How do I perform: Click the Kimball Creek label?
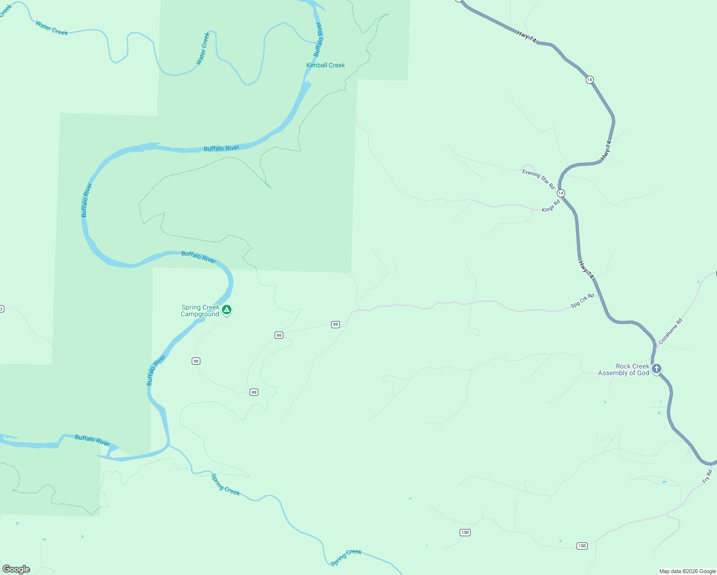point(325,65)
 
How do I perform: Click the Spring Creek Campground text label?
point(200,311)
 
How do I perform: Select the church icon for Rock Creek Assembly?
point(657,368)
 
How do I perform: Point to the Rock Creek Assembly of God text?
point(624,369)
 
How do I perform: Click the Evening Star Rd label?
point(538,179)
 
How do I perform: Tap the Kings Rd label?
point(551,207)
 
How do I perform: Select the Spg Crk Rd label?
point(582,300)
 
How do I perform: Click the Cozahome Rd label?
point(670,331)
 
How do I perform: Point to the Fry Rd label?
point(707,477)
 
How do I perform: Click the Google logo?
point(16,569)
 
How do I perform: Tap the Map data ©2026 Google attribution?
point(687,571)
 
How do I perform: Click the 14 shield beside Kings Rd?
point(561,193)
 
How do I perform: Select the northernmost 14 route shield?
point(590,80)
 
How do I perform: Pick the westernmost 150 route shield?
point(465,532)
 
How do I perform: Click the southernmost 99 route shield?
point(254,392)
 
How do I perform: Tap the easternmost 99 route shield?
point(335,324)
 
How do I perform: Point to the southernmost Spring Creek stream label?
point(346,557)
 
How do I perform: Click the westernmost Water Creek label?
point(51,28)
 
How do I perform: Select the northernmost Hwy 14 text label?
point(526,36)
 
